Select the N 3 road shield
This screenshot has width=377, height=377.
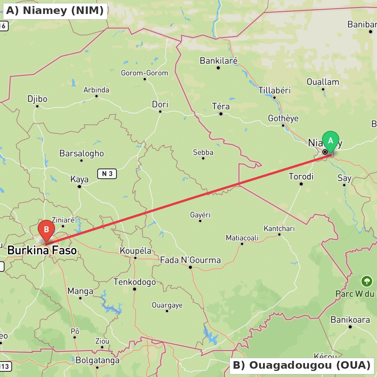click(x=107, y=174)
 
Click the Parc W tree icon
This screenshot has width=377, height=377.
click(x=366, y=281)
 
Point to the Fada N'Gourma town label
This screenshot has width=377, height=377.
click(x=190, y=260)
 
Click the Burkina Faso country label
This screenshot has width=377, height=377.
click(x=42, y=250)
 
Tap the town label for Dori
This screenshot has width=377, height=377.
click(x=160, y=104)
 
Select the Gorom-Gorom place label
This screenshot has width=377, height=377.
click(x=144, y=73)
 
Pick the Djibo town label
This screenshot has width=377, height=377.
click(x=37, y=99)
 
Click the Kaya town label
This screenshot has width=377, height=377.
click(x=80, y=179)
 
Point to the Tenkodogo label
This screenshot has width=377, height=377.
click(x=135, y=282)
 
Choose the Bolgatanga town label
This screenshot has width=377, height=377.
click(x=98, y=360)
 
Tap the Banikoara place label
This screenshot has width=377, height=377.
click(x=350, y=320)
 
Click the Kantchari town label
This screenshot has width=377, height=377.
click(x=279, y=228)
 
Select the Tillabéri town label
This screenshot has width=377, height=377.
click(x=274, y=90)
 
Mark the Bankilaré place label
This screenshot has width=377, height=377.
click(x=218, y=61)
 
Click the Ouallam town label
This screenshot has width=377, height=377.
click(x=323, y=82)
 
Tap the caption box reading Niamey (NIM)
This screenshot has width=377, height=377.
click(x=55, y=11)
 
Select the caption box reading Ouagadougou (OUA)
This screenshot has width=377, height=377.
click(x=302, y=365)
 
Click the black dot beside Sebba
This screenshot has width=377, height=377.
click(x=203, y=158)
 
